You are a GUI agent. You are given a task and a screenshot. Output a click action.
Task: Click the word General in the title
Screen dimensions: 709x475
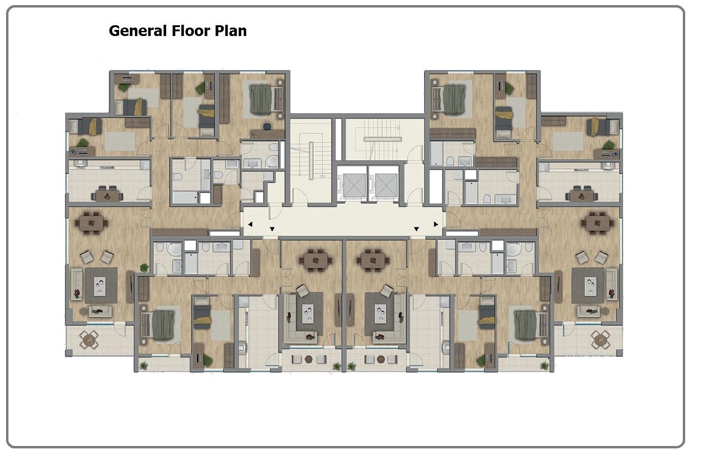pyautogui.click(x=138, y=31)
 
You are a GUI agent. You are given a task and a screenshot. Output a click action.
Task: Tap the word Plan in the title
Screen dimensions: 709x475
pyautogui.click(x=231, y=31)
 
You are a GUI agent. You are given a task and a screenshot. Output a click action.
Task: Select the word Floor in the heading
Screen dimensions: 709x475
pyautogui.click(x=191, y=31)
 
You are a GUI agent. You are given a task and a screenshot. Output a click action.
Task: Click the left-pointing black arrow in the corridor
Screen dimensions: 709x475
pyautogui.click(x=250, y=224)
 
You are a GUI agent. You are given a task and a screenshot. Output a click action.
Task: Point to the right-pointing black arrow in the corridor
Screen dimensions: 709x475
pyautogui.click(x=436, y=224)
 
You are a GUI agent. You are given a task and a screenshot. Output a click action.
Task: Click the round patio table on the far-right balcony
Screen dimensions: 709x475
pyautogui.click(x=600, y=339)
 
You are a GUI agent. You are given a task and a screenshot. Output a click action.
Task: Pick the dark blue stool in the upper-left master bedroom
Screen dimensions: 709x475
pyautogui.click(x=267, y=127)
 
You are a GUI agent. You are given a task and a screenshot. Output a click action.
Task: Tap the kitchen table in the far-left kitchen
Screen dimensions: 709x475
pyautogui.click(x=107, y=195)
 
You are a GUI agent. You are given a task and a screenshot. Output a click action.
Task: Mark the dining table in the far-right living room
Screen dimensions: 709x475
pyautogui.click(x=597, y=223)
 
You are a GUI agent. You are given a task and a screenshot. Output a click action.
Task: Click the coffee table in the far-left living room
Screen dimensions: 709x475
pyautogui.click(x=101, y=285)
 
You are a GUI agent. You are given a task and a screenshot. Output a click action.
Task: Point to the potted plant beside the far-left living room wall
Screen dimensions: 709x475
pyautogui.click(x=144, y=268)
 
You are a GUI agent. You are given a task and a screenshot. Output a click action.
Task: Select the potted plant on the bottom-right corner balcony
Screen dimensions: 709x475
pyautogui.click(x=544, y=367)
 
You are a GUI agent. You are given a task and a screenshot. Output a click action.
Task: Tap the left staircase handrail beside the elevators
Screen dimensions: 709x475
pyautogui.click(x=311, y=161)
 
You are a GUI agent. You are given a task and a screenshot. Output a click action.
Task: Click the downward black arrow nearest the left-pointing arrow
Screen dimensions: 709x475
pyautogui.click(x=272, y=229)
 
